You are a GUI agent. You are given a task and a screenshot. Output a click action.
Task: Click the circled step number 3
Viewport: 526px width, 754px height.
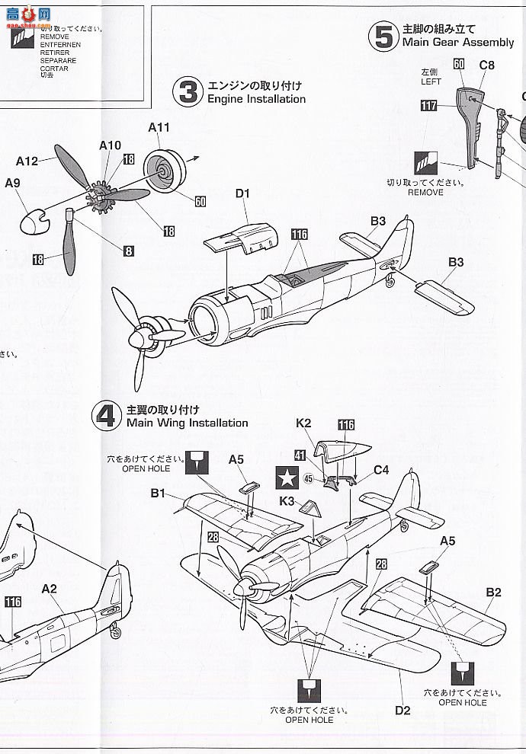pos(188,92)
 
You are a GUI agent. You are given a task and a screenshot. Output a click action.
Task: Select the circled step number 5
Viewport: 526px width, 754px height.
pos(383,37)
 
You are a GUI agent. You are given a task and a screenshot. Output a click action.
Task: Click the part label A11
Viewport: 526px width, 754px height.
pos(159,127)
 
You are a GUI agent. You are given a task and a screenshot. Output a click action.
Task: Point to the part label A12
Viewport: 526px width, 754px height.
pos(27,161)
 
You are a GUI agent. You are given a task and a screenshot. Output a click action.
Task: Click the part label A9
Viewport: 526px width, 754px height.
pos(12,183)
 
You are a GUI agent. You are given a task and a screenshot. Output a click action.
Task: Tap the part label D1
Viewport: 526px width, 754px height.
pos(242,194)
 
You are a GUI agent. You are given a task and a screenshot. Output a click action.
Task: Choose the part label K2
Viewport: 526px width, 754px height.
pos(303,423)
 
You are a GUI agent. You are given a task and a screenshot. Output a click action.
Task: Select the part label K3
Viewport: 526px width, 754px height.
pos(287,500)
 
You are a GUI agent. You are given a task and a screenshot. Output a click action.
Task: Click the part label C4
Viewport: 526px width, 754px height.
pos(381,470)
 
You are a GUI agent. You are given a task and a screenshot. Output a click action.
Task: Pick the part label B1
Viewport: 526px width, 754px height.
pos(158,494)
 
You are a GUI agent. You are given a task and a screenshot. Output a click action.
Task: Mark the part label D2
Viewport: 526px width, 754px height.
pos(403,711)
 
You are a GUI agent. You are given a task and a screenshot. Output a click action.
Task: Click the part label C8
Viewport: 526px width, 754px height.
pos(486,65)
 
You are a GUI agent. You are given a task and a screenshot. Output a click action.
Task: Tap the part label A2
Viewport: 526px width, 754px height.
pos(50,588)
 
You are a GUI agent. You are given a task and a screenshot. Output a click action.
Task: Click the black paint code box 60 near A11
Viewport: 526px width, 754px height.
pos(200,201)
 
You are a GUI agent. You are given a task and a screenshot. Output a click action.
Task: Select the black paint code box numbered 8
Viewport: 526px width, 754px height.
pos(128,251)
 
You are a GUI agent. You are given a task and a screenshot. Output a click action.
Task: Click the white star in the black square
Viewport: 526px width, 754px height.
pos(287,478)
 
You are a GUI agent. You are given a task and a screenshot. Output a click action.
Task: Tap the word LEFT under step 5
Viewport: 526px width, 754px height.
pos(431,81)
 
